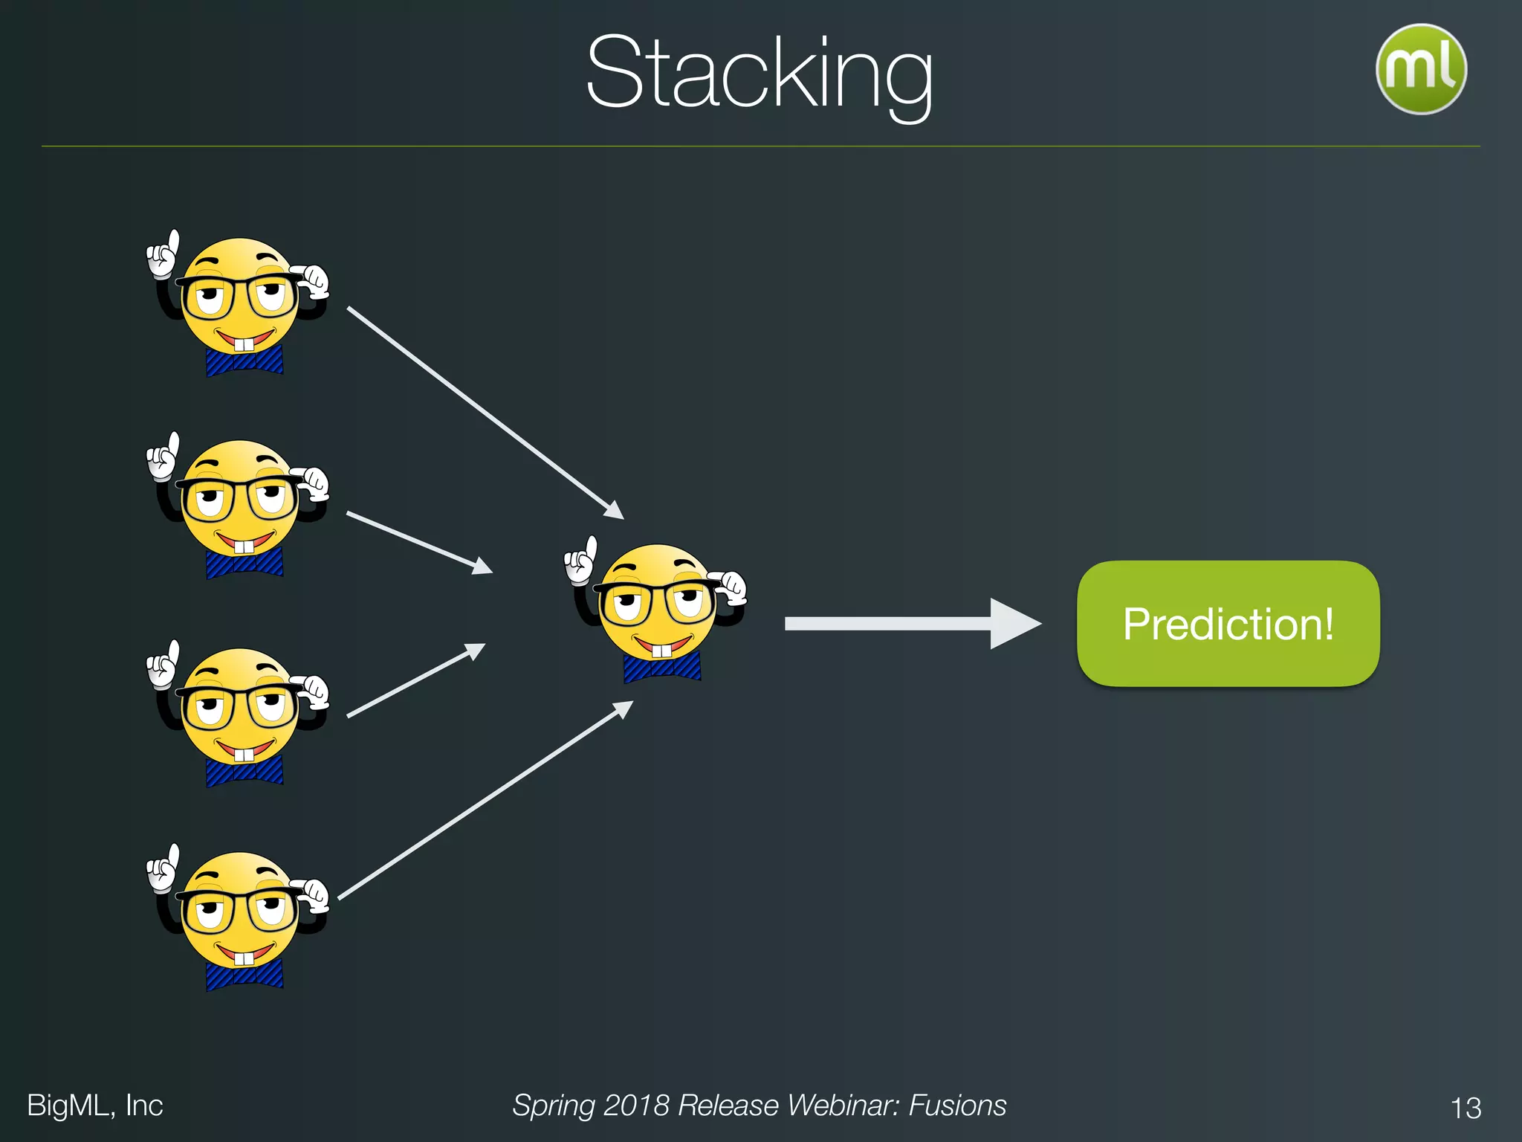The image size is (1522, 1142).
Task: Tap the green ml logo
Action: pyautogui.click(x=1420, y=69)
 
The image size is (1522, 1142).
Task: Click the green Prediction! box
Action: pyautogui.click(x=1228, y=623)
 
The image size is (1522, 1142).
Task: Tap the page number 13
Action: pyautogui.click(x=1466, y=1108)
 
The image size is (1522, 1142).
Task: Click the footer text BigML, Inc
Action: pyautogui.click(x=94, y=1106)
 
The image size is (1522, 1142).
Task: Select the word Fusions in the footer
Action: pyautogui.click(x=957, y=1106)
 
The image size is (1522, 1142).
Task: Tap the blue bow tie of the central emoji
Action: pyautogui.click(x=661, y=668)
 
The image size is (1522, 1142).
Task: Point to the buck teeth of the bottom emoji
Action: pyautogui.click(x=244, y=958)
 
